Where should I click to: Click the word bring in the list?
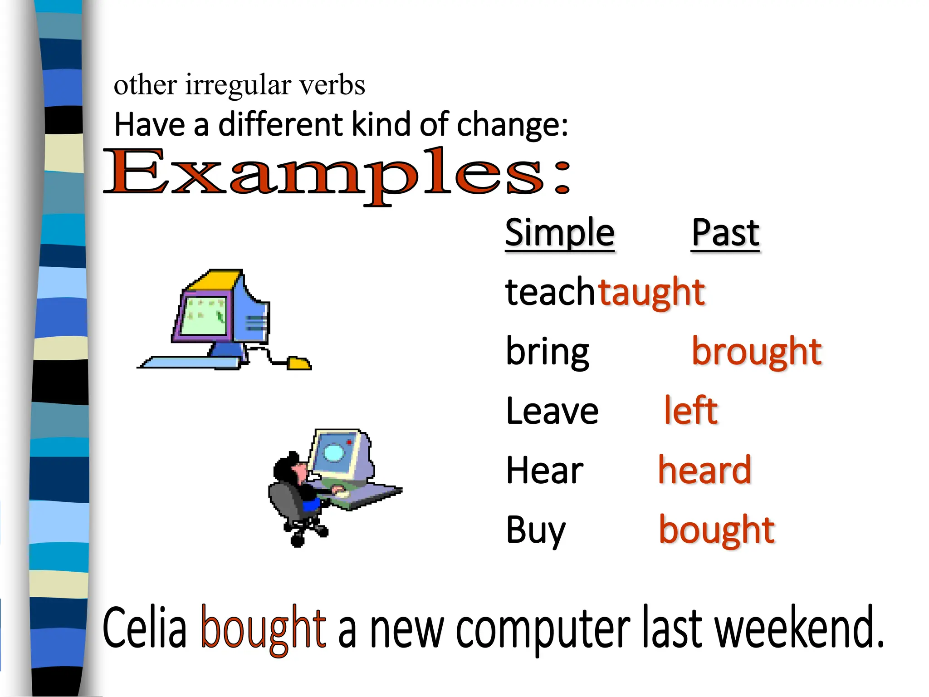[x=547, y=352]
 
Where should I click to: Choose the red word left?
[x=690, y=410]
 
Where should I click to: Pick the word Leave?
[x=552, y=411]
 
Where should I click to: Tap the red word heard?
[x=704, y=470]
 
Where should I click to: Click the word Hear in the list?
[x=544, y=471]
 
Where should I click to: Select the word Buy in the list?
[x=536, y=530]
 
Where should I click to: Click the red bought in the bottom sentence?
[x=263, y=629]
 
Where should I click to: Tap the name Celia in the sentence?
[x=145, y=629]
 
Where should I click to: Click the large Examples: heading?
[x=336, y=175]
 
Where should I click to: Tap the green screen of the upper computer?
[x=204, y=315]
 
